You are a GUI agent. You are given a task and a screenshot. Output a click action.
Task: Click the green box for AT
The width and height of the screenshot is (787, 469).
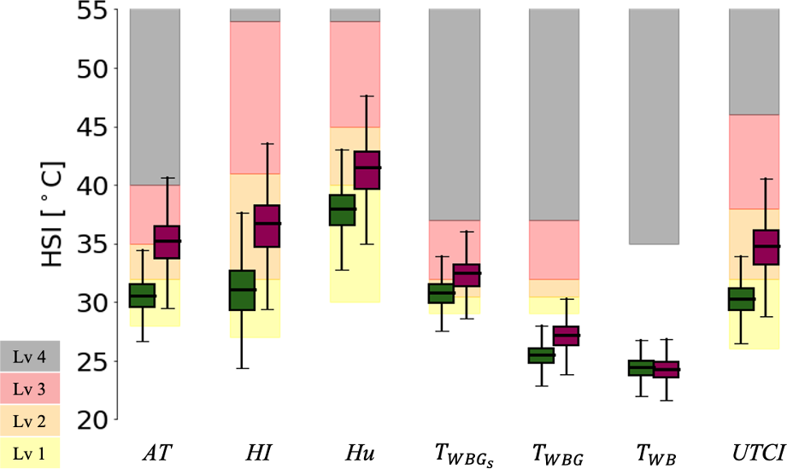click(142, 296)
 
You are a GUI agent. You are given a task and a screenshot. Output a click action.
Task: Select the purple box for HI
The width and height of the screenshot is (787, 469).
click(267, 226)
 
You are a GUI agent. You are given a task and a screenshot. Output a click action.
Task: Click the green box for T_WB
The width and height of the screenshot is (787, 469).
click(641, 368)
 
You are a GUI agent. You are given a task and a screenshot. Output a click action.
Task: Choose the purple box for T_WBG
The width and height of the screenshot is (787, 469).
click(566, 336)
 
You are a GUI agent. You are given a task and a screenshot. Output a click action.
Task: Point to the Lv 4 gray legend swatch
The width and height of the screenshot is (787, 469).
click(31, 357)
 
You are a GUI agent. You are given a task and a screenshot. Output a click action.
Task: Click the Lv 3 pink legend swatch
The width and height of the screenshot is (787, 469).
click(31, 387)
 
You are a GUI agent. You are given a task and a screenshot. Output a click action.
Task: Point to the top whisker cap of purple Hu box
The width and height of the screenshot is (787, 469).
click(367, 96)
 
